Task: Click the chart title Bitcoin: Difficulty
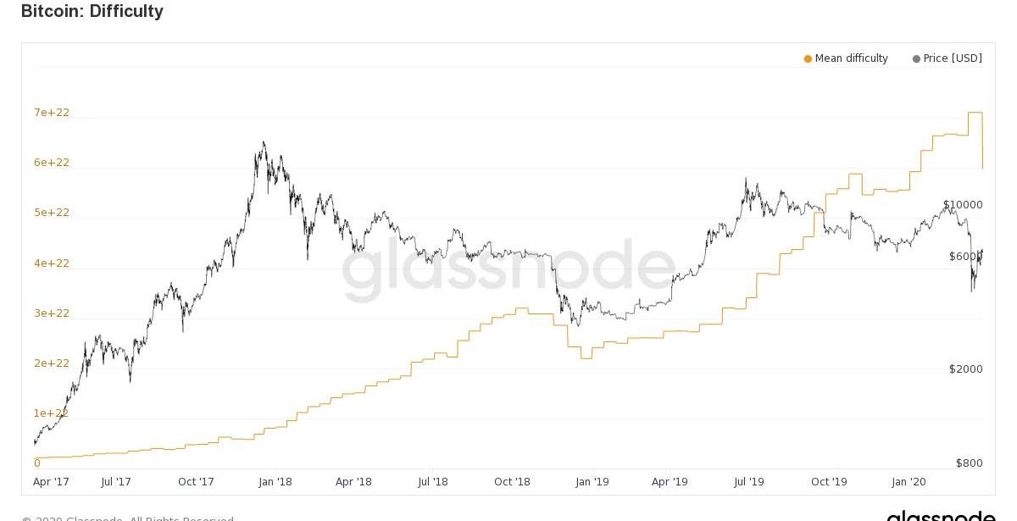pos(92,11)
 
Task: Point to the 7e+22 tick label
pos(52,113)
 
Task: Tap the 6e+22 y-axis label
pos(52,163)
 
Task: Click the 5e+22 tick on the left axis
pos(52,213)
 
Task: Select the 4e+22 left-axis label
pos(52,263)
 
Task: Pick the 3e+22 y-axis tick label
pos(52,313)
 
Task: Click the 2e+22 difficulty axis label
pos(52,363)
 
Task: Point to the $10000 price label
pos(963,205)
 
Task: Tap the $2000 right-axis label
pos(966,369)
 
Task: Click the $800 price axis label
pos(970,463)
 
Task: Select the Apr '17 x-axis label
pos(51,482)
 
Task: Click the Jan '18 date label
pos(275,482)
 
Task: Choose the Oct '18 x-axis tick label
pos(512,482)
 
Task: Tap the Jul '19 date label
pos(748,482)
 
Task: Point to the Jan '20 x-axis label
pos(909,482)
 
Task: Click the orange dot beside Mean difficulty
pos(808,59)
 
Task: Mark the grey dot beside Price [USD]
pos(916,59)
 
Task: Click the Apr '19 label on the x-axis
pos(670,482)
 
